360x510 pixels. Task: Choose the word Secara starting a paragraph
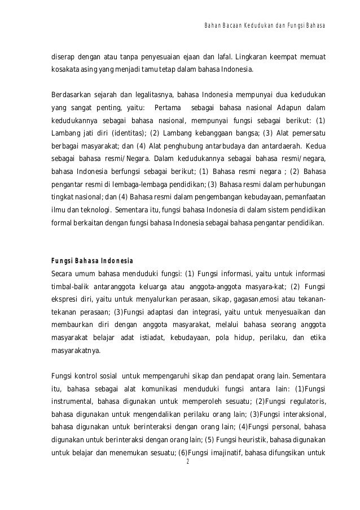coord(63,275)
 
